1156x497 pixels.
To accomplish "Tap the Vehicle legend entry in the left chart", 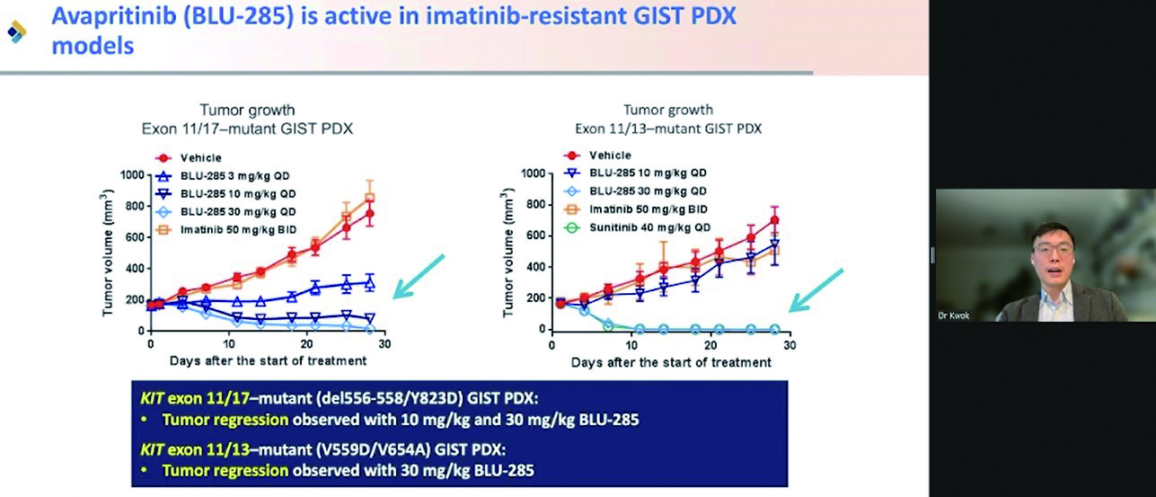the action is [189, 158].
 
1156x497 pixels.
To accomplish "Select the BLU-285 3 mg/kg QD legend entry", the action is [223, 176].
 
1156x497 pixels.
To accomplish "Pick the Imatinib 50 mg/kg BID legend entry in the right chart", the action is [636, 209].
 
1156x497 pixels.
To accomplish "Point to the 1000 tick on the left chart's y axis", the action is [132, 175].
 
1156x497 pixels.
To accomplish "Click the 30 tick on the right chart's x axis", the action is [790, 345].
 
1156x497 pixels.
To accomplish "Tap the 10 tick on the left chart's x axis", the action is [229, 344].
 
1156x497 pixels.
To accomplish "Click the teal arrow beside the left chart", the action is [419, 277].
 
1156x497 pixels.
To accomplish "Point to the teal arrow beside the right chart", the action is [816, 290].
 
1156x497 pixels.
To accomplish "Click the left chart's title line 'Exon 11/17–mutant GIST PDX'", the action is [247, 129].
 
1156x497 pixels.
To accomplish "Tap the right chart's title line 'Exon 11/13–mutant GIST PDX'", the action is [668, 129].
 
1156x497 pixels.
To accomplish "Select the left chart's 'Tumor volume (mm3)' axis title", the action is [107, 253].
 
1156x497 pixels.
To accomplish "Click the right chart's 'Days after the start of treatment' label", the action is [671, 363].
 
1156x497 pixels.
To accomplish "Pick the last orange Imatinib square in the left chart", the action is [369, 198].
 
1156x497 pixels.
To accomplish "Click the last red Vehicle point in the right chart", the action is [774, 220].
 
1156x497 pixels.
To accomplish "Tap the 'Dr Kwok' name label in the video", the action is [954, 315].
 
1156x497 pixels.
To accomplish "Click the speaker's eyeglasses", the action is [1054, 250].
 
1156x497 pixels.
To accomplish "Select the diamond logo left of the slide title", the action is [17, 32].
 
